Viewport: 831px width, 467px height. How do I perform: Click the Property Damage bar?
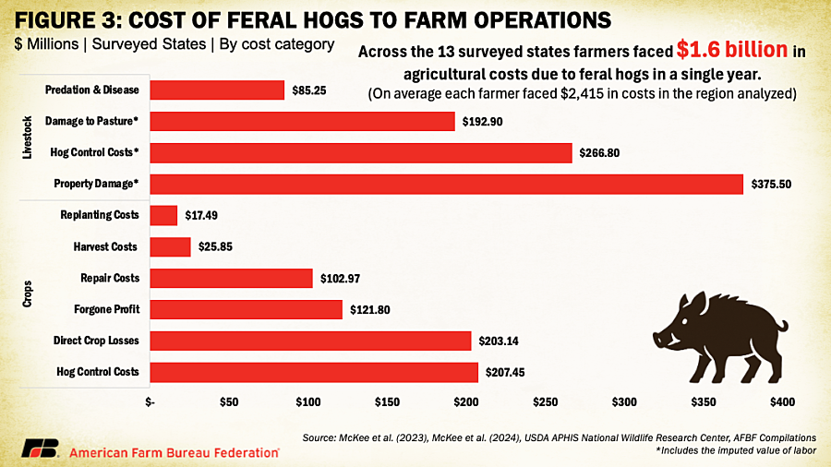446,185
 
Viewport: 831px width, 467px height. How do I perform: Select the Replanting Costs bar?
163,215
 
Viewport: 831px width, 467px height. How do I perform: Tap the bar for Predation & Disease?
217,90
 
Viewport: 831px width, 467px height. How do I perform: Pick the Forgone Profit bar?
246,310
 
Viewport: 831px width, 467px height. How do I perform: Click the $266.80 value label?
599,153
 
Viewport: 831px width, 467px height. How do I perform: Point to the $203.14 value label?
499,341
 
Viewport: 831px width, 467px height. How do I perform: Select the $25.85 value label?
215,246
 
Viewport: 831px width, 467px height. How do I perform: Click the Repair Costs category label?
110,278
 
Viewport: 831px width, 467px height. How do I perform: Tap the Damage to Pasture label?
91,121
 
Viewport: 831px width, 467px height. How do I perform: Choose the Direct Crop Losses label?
96,341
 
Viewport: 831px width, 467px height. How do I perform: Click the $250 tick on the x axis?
545,401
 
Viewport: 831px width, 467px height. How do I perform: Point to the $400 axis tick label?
782,401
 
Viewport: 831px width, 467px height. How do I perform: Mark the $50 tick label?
229,401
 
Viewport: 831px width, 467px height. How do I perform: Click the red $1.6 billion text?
732,50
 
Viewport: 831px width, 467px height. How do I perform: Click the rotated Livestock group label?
27,138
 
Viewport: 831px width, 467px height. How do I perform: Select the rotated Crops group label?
27,293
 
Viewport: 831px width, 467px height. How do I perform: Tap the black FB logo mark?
39,449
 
